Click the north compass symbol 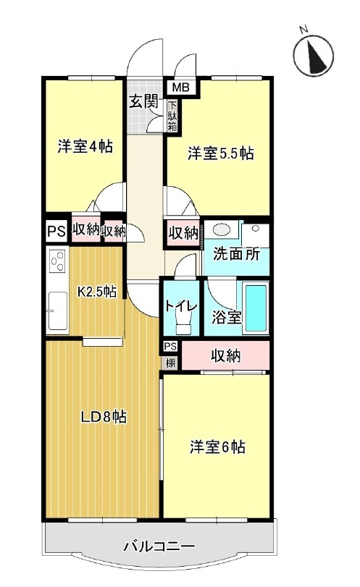314,52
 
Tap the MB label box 180,88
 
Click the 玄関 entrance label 143,102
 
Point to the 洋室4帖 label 85,146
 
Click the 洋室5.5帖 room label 220,153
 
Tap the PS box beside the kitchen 56,232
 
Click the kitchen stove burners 56,260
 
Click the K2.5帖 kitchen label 96,292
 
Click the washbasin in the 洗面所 222,231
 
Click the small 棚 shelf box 170,360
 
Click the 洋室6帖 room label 217,447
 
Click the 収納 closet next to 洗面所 183,232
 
